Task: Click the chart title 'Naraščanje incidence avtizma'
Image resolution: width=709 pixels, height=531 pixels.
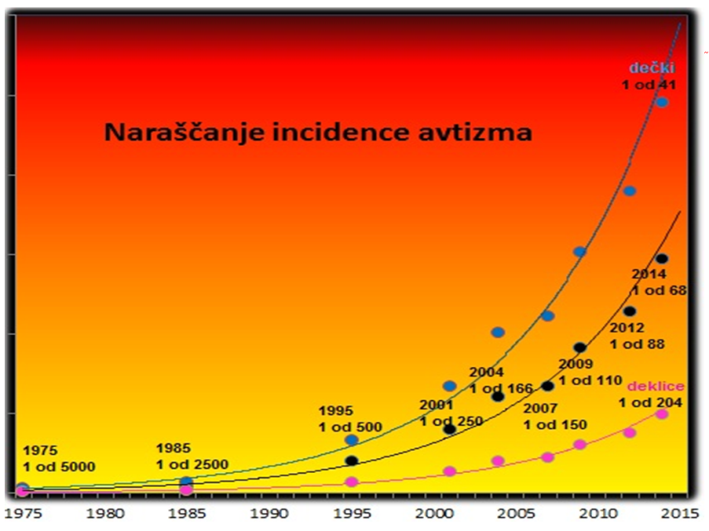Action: pyautogui.click(x=318, y=132)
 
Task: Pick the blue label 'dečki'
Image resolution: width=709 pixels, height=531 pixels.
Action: pyautogui.click(x=649, y=67)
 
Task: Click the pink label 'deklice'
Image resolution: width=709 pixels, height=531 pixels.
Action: pyautogui.click(x=655, y=386)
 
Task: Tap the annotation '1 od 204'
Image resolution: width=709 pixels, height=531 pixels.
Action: pyautogui.click(x=650, y=403)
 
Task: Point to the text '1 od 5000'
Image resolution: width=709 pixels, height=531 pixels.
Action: pyautogui.click(x=60, y=466)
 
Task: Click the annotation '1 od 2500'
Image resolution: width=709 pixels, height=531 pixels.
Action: pyautogui.click(x=192, y=465)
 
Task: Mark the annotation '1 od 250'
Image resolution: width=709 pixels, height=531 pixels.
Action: pyautogui.click(x=451, y=421)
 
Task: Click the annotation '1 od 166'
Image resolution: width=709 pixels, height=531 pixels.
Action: pyautogui.click(x=500, y=387)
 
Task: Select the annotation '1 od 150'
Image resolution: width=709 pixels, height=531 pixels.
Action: pyautogui.click(x=555, y=424)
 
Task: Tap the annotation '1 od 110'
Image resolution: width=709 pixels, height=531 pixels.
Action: pyautogui.click(x=590, y=381)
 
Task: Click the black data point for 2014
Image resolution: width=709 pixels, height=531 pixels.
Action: pyautogui.click(x=662, y=259)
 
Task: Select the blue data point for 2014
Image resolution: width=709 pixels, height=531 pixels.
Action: pyautogui.click(x=662, y=102)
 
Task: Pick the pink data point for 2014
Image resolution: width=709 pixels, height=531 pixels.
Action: pyautogui.click(x=662, y=413)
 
